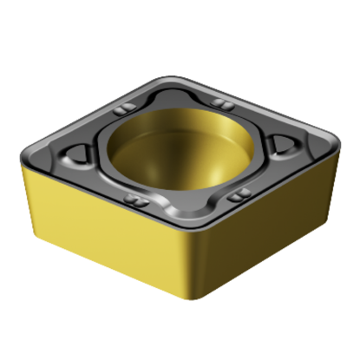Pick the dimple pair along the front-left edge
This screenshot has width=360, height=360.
(x=134, y=202)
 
